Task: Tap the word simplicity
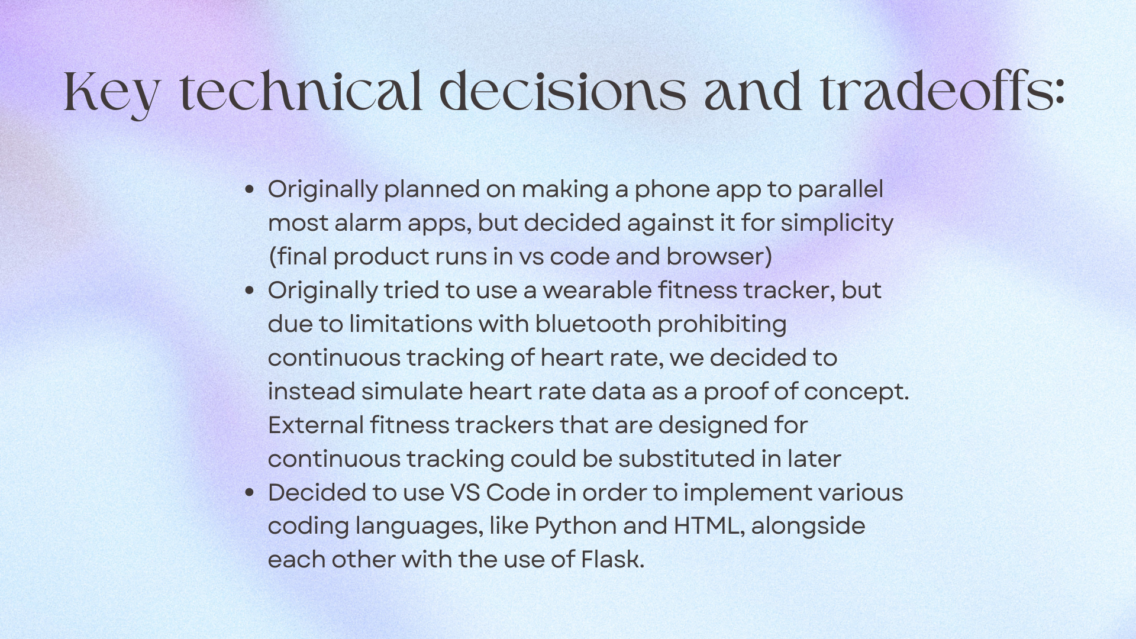837,224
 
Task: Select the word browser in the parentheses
715,257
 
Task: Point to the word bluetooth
593,324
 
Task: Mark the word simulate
411,392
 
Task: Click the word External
316,425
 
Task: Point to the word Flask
612,560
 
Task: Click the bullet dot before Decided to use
249,493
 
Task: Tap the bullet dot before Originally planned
249,189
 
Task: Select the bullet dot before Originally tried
249,291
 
